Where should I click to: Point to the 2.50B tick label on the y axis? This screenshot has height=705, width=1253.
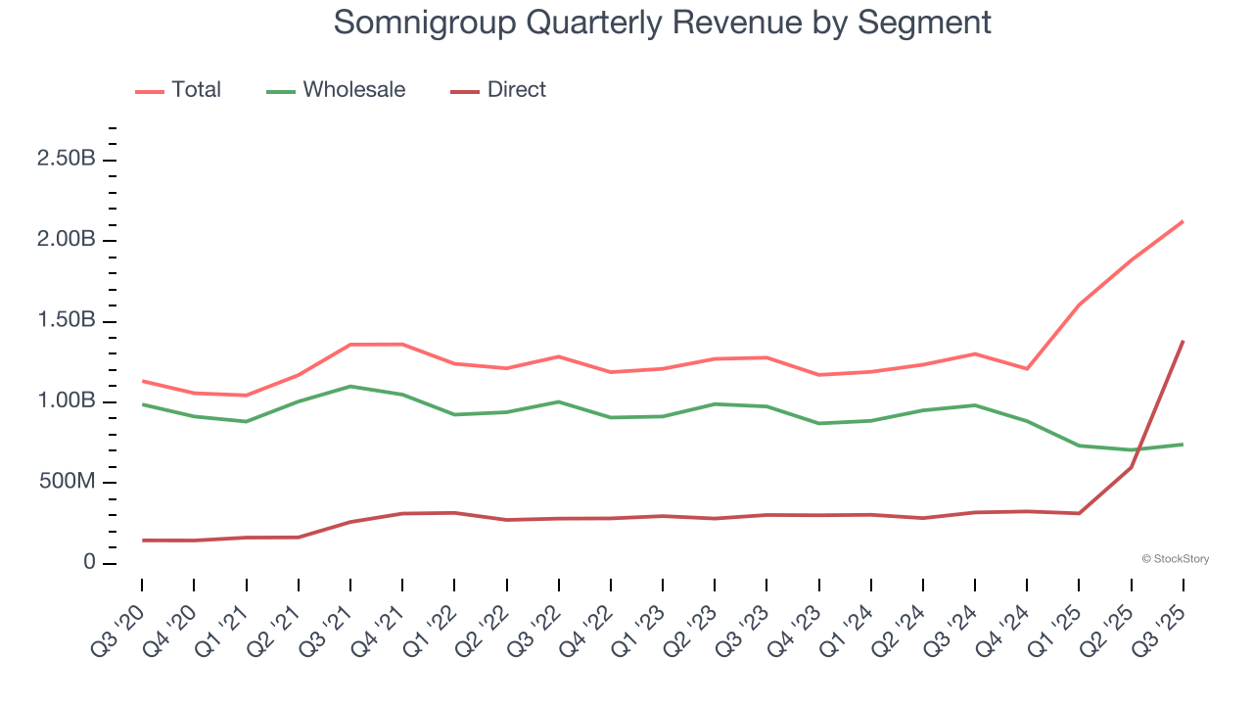[66, 161]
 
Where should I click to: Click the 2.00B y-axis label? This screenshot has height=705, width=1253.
[66, 241]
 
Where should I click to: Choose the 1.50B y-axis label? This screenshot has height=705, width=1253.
[66, 321]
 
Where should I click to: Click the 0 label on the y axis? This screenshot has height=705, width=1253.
[89, 563]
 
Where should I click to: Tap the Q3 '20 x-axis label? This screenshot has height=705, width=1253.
[119, 626]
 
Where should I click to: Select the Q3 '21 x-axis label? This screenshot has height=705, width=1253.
[328, 626]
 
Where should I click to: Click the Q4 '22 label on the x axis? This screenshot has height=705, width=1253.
[588, 626]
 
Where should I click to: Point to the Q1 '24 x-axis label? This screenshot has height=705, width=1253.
[849, 626]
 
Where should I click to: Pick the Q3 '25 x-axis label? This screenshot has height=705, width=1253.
[1161, 626]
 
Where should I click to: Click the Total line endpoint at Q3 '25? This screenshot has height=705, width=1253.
[1183, 221]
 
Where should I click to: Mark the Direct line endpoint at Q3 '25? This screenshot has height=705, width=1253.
[1183, 342]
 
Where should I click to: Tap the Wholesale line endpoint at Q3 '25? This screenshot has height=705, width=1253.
[1183, 445]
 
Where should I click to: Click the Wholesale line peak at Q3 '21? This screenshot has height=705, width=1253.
[350, 386]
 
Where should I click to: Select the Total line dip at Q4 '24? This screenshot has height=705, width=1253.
[1027, 369]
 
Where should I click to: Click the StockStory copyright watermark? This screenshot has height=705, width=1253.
[1175, 559]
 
